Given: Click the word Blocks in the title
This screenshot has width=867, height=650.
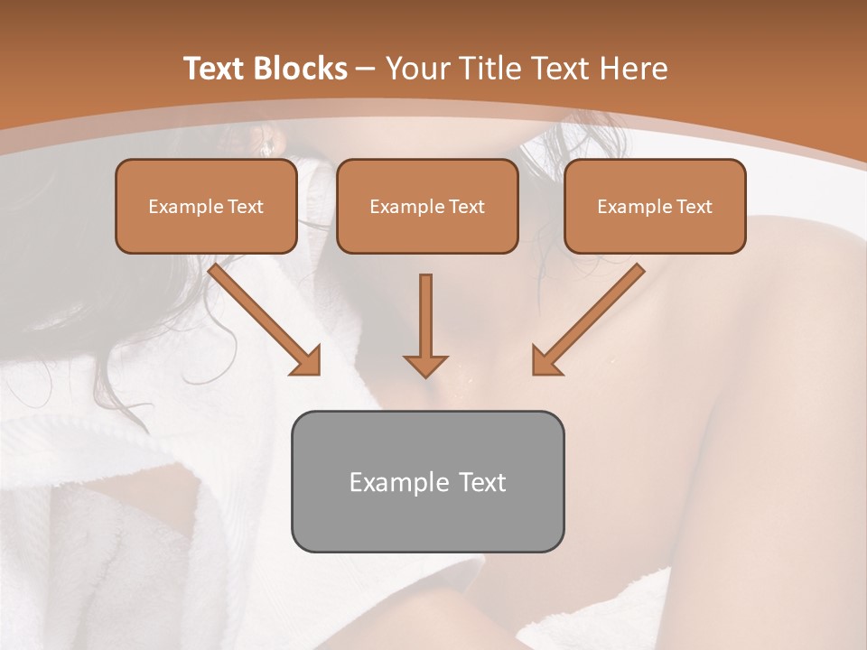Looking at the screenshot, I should (x=303, y=69).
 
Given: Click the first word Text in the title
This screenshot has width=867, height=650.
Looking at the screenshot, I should (x=217, y=69).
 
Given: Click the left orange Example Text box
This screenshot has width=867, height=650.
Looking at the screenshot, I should (x=206, y=206).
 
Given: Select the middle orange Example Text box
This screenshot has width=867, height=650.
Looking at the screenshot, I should (x=427, y=206).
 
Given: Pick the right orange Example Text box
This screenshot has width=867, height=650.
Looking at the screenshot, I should (x=655, y=206).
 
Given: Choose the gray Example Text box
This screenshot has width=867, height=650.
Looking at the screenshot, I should (x=427, y=481).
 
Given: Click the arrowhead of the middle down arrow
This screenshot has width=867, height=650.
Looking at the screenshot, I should (x=425, y=365).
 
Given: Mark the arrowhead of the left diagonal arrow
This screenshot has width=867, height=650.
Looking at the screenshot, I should (x=306, y=360).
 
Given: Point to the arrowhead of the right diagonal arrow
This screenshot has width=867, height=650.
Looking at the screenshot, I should (x=546, y=360).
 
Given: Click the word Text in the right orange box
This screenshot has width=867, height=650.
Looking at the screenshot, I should (x=694, y=207).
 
